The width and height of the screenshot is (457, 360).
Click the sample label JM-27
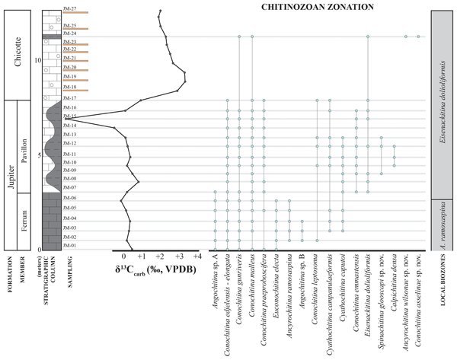(x=70, y=10)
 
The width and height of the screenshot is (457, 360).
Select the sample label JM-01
(x=70, y=245)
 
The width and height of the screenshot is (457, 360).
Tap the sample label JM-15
(x=70, y=116)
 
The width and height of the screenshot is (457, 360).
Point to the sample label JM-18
(x=70, y=88)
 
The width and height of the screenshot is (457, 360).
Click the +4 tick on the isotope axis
(x=196, y=257)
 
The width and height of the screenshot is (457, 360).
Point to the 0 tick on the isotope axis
(x=123, y=257)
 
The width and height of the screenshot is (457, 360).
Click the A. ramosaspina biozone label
(x=444, y=225)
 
